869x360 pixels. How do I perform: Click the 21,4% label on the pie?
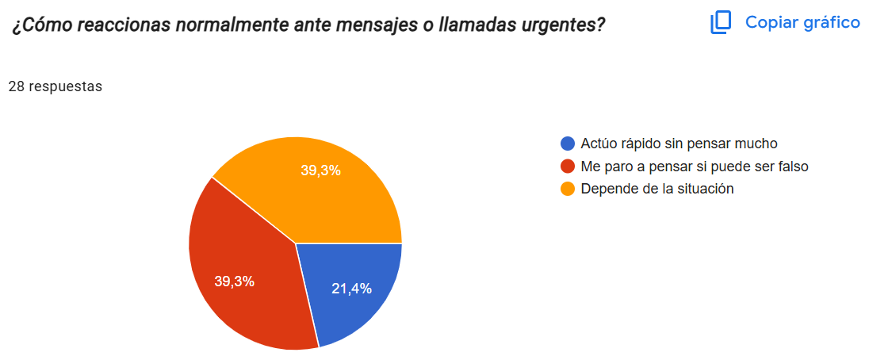(x=351, y=289)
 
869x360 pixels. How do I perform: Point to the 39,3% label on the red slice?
(x=235, y=281)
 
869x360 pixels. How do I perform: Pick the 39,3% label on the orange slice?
(x=321, y=170)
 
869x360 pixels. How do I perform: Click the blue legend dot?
(x=567, y=144)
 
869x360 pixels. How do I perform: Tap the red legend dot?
(x=567, y=167)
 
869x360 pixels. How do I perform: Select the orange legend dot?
(x=567, y=189)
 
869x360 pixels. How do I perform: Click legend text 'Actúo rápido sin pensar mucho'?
(x=679, y=144)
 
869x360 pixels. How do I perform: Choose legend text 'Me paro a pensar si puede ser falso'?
(x=694, y=167)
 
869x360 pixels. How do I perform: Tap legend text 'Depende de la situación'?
(x=657, y=189)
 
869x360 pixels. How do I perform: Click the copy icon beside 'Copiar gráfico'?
(x=720, y=22)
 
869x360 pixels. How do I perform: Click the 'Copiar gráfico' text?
(x=802, y=22)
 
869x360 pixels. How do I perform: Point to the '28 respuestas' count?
(x=56, y=86)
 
